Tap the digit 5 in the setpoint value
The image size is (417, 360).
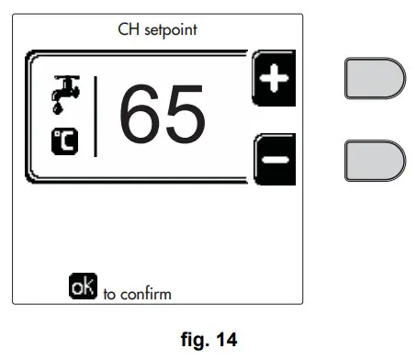pos(185,118)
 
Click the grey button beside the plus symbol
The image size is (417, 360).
pos(374,78)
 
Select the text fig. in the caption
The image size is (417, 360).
pos(194,342)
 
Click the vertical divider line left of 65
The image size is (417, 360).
pos(96,118)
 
